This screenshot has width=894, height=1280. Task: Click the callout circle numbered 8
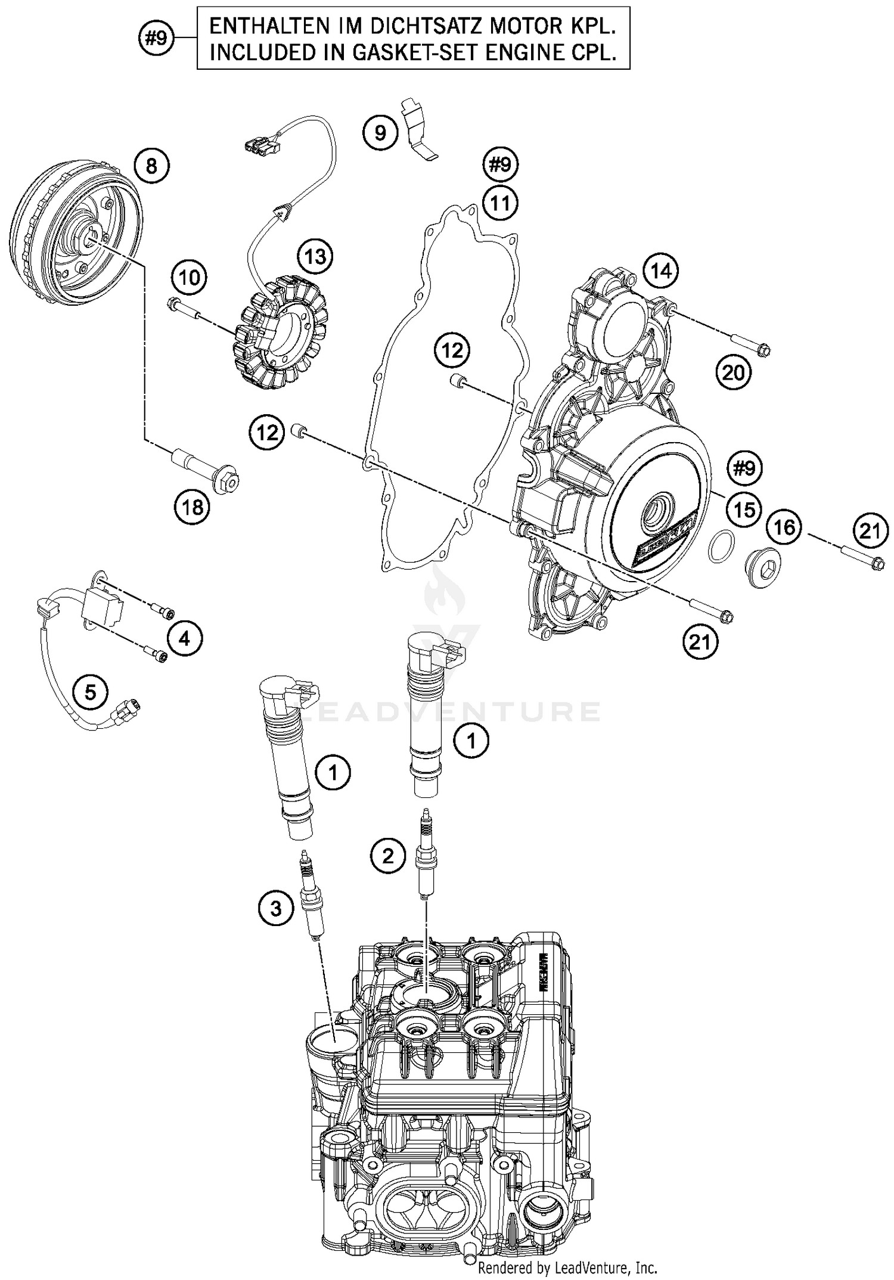(151, 165)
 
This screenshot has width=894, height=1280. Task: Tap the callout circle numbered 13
(315, 257)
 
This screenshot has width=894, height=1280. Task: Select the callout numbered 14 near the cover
(661, 271)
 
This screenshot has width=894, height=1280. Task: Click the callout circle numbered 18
(193, 508)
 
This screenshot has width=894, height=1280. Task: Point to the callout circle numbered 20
(734, 373)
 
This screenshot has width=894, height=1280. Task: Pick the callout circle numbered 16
(784, 527)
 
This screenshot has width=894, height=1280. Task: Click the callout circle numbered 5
(90, 692)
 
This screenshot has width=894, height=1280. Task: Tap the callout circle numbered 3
(276, 909)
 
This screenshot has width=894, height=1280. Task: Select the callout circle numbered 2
(388, 856)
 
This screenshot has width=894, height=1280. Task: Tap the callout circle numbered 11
(500, 203)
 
